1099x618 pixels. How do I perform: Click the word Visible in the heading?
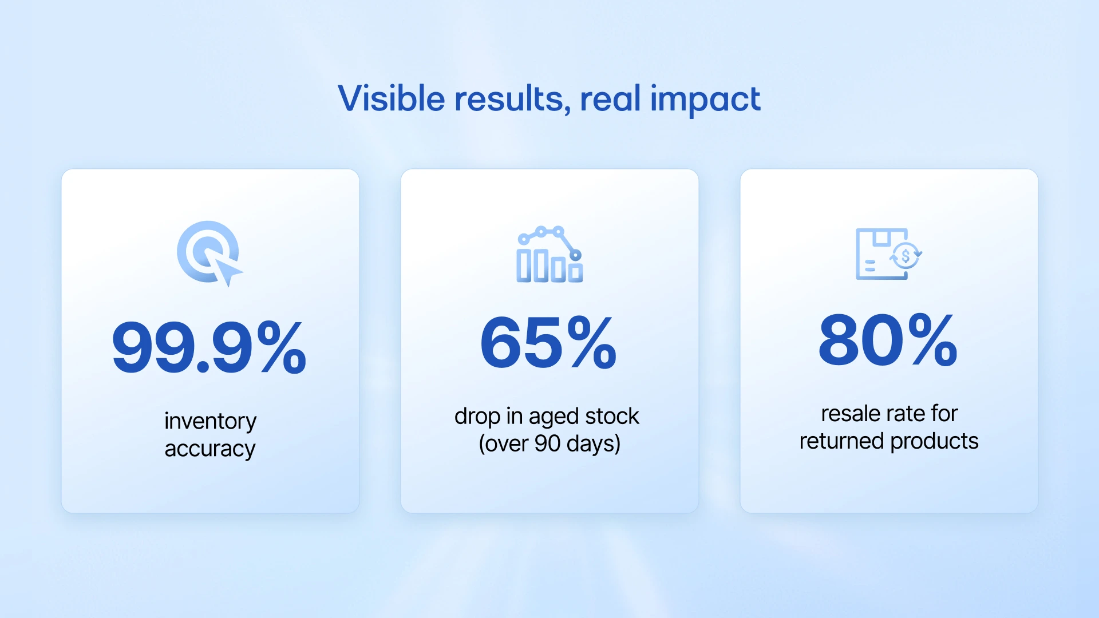tap(392, 98)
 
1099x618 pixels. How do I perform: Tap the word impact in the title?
tap(705, 100)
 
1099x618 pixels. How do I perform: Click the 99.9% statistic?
tap(209, 347)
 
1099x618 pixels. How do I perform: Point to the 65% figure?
tap(548, 343)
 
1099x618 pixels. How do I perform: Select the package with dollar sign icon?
tap(888, 254)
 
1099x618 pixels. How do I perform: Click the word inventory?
tap(210, 421)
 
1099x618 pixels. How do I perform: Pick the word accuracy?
tap(209, 449)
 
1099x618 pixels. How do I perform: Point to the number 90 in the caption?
tap(547, 443)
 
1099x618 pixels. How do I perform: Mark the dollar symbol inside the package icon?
tap(906, 256)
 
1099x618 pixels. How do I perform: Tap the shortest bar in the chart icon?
tap(576, 272)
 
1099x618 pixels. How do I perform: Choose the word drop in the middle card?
tap(477, 417)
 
